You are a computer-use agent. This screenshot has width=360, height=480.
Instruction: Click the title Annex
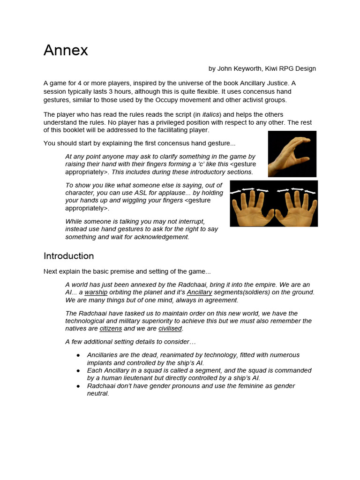tap(66, 50)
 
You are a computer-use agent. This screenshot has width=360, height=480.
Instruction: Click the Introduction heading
tap(68, 256)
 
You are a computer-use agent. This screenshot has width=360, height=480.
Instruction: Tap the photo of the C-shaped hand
tap(292, 154)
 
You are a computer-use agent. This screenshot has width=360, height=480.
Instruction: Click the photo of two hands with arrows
tap(274, 203)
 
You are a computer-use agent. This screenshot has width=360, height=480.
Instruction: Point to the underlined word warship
tap(96, 292)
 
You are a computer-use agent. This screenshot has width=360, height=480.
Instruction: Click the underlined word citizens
tap(111, 329)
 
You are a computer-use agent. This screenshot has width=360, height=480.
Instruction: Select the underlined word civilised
tap(170, 329)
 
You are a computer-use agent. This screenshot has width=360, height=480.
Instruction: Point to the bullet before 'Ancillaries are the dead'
tap(78, 355)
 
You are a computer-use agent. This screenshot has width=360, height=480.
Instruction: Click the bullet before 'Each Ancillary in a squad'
tap(78, 371)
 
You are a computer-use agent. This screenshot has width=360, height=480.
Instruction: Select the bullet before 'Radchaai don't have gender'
tap(78, 386)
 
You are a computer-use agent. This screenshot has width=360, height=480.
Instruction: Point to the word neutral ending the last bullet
tap(98, 394)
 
